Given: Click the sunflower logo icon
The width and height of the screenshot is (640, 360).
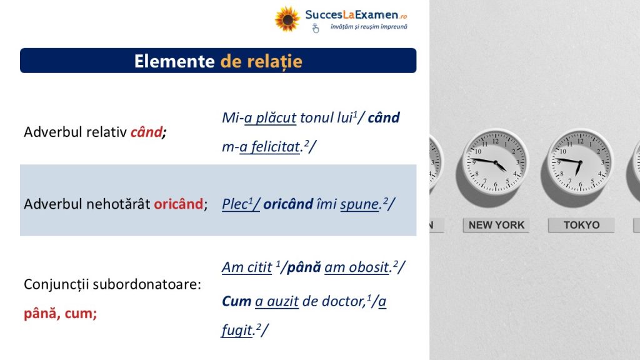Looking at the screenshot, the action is point(287,19).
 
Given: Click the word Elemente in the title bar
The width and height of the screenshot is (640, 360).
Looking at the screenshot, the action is point(174,61).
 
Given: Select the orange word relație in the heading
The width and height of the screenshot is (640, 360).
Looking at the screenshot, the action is point(275,62).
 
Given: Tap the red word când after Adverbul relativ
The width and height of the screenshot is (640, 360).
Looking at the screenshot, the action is point(146,132).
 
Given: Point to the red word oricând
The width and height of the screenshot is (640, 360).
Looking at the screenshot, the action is point(178,204).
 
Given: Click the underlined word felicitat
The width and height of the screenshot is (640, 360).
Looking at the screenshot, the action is point(275,146).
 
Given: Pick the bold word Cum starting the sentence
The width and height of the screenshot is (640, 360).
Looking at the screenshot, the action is point(236,301).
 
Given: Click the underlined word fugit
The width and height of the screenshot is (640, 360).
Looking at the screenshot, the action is point(237,330).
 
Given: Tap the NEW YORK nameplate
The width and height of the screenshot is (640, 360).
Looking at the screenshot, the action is point(496,225).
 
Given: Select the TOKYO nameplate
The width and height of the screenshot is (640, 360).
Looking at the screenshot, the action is point(582,225).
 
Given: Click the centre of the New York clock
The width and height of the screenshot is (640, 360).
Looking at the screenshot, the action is point(496,162).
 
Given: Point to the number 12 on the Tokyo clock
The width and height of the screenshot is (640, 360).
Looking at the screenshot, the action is point(581,141).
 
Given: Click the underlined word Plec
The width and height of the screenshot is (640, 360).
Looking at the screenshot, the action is point(235,204).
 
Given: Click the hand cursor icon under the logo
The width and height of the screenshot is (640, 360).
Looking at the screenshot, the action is point(316,28).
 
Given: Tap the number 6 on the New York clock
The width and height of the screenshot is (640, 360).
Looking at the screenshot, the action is point(496,184).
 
